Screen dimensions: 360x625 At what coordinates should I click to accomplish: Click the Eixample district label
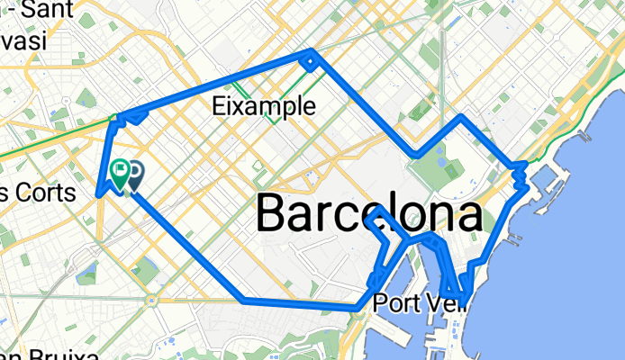click(x=264, y=106)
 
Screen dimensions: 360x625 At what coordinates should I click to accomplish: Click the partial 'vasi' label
click(x=27, y=41)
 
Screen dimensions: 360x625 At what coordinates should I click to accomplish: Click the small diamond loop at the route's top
click(x=309, y=61)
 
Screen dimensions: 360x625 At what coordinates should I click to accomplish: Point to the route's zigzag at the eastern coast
click(x=521, y=175)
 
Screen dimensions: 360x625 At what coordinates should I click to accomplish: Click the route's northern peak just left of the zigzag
click(x=462, y=116)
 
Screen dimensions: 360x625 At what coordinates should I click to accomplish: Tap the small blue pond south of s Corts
click(x=88, y=269)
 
